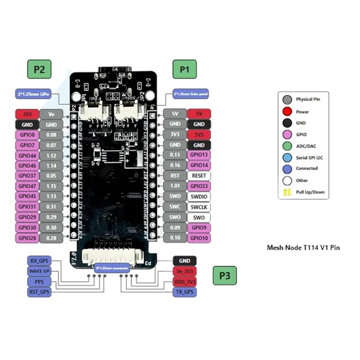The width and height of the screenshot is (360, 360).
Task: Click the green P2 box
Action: [x=39, y=70]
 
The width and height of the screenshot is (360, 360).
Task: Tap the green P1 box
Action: [x=185, y=70]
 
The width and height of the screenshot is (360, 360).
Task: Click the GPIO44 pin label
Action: [x=27, y=155]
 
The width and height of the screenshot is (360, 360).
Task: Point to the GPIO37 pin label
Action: [x=27, y=175]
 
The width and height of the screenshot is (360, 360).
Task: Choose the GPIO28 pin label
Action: [x=27, y=238]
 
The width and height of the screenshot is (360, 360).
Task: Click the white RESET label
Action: [x=198, y=175]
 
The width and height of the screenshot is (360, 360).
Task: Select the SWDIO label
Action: [x=198, y=196]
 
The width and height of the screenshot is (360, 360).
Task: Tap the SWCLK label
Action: [x=198, y=207]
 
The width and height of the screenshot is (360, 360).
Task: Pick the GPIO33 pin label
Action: [x=198, y=186]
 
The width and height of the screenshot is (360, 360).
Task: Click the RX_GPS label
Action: [x=39, y=261]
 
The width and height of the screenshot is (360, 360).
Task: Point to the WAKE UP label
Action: [x=39, y=271]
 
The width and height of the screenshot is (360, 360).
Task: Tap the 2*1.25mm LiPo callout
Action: [x=32, y=93]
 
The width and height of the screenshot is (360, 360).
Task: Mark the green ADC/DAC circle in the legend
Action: [x=286, y=145]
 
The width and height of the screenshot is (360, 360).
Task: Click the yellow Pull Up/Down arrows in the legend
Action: [x=286, y=192]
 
